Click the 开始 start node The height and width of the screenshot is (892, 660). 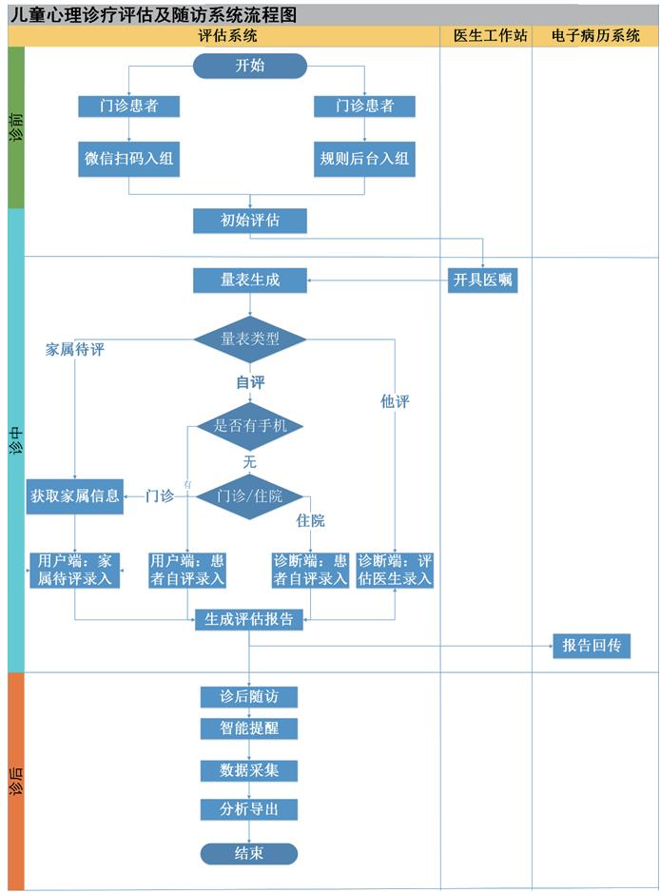pos(250,66)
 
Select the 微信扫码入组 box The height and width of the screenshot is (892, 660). pos(128,159)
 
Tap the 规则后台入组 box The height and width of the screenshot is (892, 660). pos(364,159)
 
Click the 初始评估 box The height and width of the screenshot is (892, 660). pos(250,221)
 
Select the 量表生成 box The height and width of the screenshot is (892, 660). pos(250,281)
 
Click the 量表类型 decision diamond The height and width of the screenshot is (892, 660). pos(250,339)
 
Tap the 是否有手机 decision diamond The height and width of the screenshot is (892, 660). pos(250,425)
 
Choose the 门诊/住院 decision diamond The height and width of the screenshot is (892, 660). pos(250,496)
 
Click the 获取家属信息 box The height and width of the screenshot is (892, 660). pos(75,496)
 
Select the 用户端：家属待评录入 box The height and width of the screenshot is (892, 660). pos(75,569)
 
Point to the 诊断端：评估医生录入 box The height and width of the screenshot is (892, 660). pos(395,569)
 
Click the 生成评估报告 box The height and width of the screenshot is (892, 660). pos(249,619)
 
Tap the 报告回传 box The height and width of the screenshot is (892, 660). pos(591,646)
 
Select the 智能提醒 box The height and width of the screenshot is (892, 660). pos(249,728)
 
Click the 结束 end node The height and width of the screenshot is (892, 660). pos(249,853)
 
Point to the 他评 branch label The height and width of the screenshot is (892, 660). pos(395,402)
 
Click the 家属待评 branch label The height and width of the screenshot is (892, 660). pos(75,350)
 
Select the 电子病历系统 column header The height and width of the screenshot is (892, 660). pos(595,36)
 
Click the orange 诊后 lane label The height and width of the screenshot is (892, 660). pos(15,780)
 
